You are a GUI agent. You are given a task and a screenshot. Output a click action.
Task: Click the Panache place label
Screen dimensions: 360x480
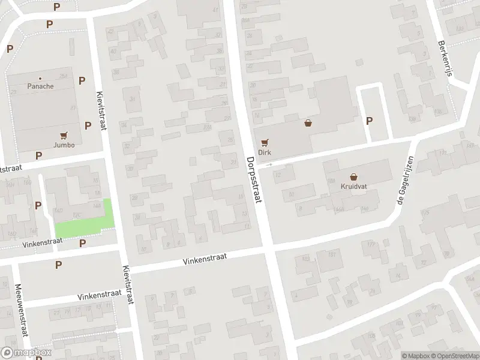(x=40, y=86)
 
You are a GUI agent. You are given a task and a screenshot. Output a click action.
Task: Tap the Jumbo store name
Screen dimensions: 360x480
(x=64, y=145)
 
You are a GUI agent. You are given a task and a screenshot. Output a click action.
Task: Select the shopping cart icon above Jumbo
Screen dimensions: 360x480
(x=64, y=136)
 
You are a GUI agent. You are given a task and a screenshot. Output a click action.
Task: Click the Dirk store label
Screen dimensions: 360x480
(x=265, y=152)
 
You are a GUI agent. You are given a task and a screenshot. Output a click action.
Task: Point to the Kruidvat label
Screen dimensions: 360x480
(x=354, y=186)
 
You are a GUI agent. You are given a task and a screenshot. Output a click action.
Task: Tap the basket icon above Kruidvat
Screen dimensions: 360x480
(x=354, y=177)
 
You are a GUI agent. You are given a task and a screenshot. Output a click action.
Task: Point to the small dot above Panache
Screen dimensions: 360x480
(x=40, y=78)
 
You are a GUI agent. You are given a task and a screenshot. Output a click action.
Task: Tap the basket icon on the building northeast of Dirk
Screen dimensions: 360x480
(x=308, y=123)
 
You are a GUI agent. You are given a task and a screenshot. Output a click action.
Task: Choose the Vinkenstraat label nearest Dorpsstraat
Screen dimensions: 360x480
(x=205, y=259)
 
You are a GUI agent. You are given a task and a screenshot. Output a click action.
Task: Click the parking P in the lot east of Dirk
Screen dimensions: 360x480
(x=370, y=121)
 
